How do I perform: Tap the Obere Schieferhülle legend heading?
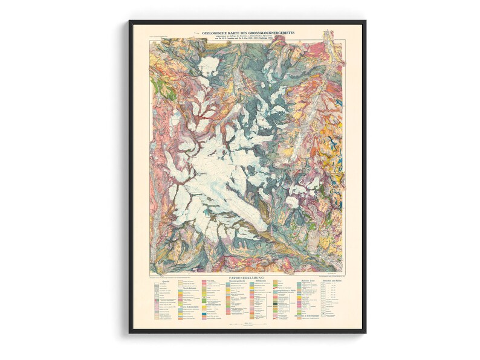tap(189, 306)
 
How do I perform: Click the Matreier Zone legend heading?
tap(308, 281)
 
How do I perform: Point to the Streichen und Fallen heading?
tap(332, 281)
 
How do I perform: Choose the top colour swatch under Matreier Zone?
tap(300, 284)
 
